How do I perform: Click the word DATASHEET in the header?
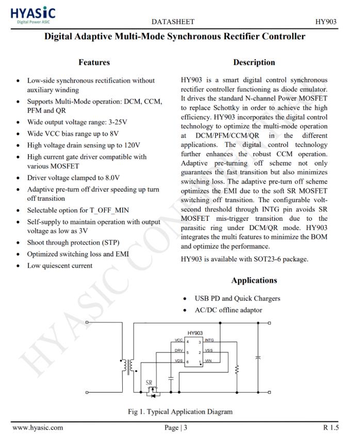coord(174,21)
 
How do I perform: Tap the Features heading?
coord(94,62)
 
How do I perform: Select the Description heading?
coord(254,62)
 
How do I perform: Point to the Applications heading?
coord(254,280)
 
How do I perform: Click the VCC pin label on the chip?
coord(179,340)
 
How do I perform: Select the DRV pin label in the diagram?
coord(179,350)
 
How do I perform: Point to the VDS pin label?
coord(179,361)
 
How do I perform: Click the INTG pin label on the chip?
coord(209,340)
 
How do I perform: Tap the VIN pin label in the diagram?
coord(208,361)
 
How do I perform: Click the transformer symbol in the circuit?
coord(128,365)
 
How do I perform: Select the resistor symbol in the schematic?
coord(237,370)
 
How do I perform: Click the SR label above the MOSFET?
coord(149,383)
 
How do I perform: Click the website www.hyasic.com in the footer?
coord(38,427)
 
